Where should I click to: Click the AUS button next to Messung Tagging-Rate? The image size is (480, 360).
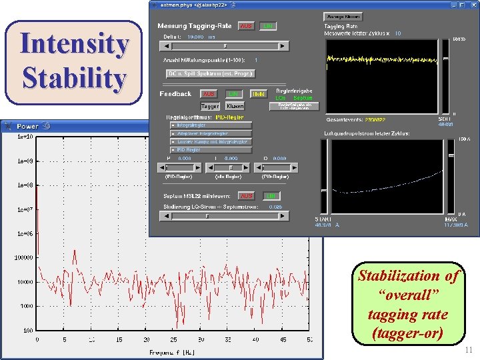pyautogui.click(x=246, y=26)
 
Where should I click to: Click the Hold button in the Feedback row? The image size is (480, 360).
pyautogui.click(x=259, y=94)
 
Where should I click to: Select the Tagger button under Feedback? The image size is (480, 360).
pyautogui.click(x=210, y=106)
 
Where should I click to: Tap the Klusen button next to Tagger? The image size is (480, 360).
pyautogui.click(x=235, y=106)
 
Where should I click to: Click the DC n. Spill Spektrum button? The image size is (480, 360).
pyautogui.click(x=211, y=73)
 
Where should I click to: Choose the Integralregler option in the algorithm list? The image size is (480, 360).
pyautogui.click(x=211, y=125)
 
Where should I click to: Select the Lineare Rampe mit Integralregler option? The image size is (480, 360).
pyautogui.click(x=211, y=141)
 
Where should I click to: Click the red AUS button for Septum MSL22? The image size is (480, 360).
pyautogui.click(x=246, y=196)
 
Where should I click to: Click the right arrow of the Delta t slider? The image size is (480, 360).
pyautogui.click(x=283, y=46)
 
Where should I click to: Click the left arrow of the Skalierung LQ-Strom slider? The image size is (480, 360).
pyautogui.click(x=161, y=215)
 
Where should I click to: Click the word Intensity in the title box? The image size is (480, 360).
pyautogui.click(x=74, y=44)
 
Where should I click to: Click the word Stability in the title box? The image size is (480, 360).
pyautogui.click(x=74, y=77)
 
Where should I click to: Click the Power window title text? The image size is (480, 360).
pyautogui.click(x=28, y=126)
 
